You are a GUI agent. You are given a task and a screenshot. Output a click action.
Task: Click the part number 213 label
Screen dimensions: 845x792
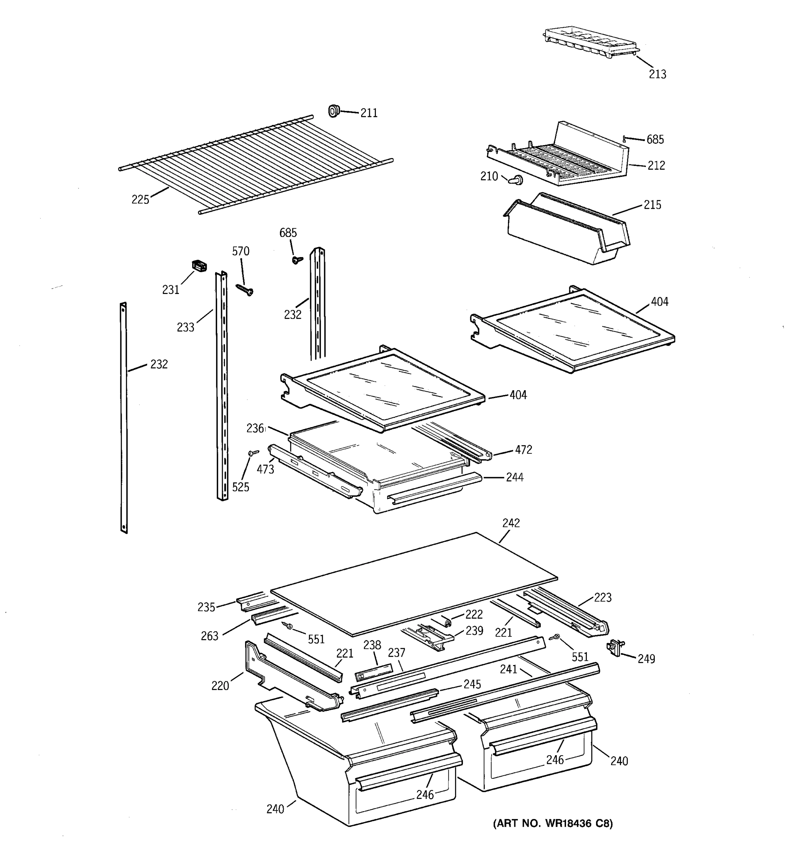coord(657,74)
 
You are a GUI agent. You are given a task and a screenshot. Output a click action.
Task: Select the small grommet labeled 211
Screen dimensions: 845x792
coord(334,111)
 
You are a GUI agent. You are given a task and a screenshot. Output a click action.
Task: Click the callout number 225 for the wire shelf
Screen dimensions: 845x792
coord(140,199)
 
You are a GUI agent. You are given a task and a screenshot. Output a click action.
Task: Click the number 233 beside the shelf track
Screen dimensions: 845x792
coord(185,327)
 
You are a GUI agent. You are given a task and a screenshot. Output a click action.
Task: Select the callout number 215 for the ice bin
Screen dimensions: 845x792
coord(652,205)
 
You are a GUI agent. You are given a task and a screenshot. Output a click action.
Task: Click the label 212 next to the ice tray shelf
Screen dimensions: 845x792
coord(656,165)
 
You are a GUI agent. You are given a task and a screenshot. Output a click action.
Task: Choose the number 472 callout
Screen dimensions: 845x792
coord(523,450)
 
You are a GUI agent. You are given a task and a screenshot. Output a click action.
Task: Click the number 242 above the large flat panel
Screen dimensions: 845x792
coord(511,523)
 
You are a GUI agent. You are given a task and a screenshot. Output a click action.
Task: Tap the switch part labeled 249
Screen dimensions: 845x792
coord(614,648)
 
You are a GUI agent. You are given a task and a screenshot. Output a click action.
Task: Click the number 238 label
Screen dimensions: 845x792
coord(372,645)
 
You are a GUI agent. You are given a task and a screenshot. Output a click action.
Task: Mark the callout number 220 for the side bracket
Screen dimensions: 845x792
coord(220,686)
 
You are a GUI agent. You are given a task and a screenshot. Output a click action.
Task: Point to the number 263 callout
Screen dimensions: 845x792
coord(209,636)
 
